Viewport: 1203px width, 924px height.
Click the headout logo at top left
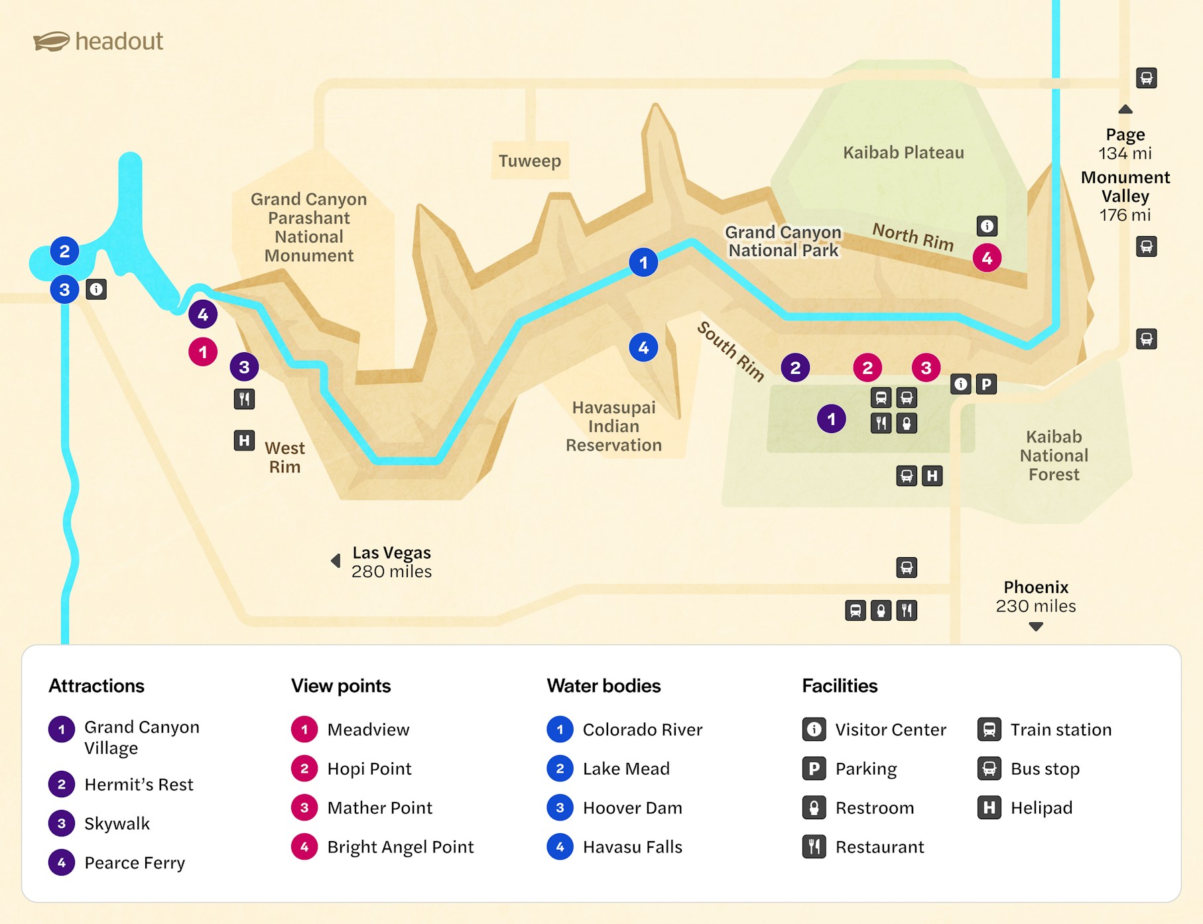pos(98,41)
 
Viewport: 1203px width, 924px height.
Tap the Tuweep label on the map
pos(529,161)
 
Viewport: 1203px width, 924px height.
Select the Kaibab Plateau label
pos(903,153)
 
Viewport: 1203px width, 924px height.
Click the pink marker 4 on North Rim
pos(987,258)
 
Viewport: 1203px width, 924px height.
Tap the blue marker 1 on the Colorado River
pos(643,263)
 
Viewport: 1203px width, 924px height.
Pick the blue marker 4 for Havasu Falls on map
pos(643,348)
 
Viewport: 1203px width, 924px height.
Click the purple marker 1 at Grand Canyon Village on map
pos(831,419)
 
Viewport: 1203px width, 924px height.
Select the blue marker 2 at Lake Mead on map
pos(64,251)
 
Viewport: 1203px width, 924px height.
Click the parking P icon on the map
pos(986,384)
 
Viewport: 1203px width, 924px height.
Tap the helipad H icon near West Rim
pos(244,440)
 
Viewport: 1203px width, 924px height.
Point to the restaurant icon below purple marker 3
pos(244,399)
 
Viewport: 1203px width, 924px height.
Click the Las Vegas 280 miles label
pos(391,562)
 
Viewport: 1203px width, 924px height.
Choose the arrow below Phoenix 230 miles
pos(1036,627)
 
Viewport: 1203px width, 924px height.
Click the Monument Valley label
pos(1125,187)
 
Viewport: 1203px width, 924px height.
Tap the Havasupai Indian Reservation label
pos(613,426)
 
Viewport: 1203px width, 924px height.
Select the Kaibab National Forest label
pos(1054,456)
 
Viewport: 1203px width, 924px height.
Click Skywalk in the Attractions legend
pos(117,824)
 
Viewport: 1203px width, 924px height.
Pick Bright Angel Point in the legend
pos(400,847)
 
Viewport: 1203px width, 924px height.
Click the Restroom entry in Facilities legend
pos(874,808)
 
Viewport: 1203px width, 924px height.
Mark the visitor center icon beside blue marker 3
pos(96,290)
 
